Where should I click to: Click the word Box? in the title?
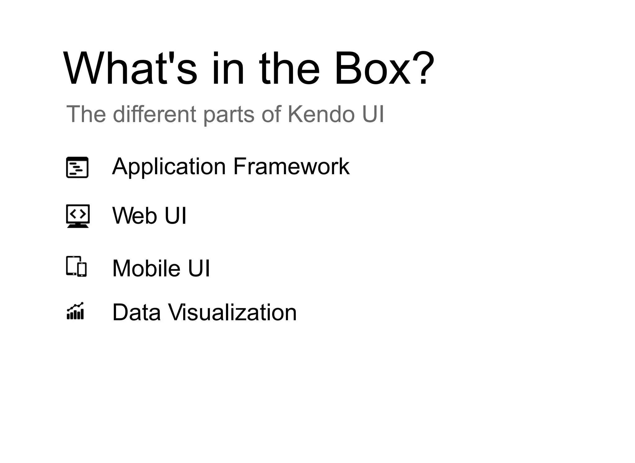[x=384, y=69]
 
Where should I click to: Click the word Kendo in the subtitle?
[x=321, y=114]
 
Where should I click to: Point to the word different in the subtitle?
[x=154, y=114]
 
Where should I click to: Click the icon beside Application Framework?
[x=77, y=167]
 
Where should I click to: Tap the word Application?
[x=169, y=167]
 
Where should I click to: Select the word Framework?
[x=291, y=166]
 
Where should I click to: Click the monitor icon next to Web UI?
[x=78, y=216]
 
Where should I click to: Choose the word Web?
[x=135, y=215]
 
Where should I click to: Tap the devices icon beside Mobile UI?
[x=76, y=266]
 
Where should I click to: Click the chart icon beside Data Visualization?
[x=75, y=311]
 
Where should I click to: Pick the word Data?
[x=136, y=312]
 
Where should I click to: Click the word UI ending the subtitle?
[x=373, y=114]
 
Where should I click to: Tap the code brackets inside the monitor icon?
[x=78, y=214]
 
